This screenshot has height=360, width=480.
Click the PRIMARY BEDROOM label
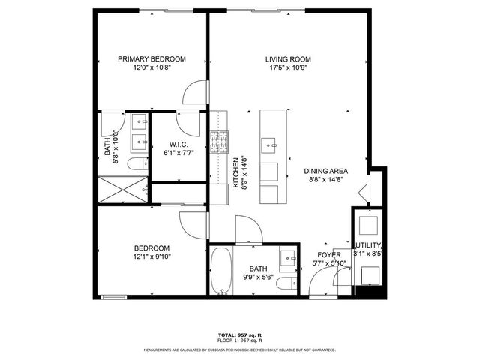(x=152, y=59)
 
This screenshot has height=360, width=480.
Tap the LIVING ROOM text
(x=288, y=59)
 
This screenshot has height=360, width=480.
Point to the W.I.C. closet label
(x=178, y=145)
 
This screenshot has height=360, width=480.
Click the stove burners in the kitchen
(x=218, y=142)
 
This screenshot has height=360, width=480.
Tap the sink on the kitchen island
(x=268, y=142)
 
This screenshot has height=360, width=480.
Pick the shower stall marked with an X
(x=121, y=189)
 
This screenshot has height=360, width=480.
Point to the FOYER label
(x=329, y=255)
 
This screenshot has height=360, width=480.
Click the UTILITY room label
(x=368, y=246)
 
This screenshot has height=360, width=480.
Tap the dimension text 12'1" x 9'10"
(x=152, y=257)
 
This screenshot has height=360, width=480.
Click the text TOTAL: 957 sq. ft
(x=239, y=334)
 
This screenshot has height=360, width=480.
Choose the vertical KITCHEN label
(x=236, y=172)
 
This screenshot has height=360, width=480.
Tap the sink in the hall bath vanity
(x=287, y=259)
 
